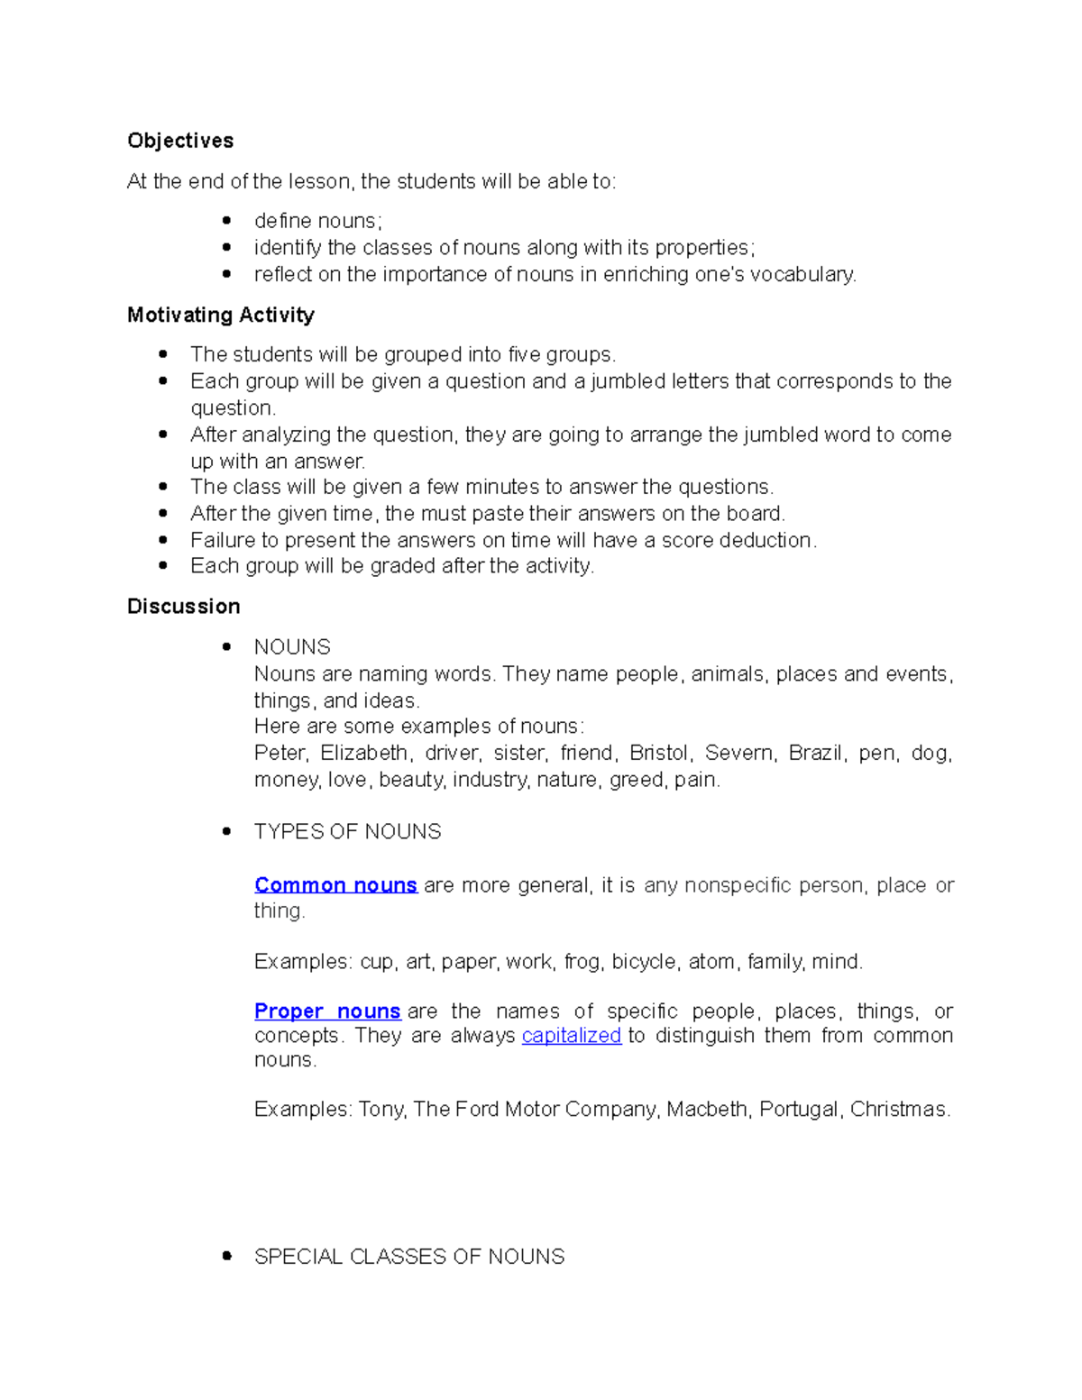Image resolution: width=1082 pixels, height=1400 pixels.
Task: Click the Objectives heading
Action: click(180, 141)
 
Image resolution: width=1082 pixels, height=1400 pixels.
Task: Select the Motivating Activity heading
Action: click(221, 315)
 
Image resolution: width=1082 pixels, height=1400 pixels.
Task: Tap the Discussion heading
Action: click(184, 606)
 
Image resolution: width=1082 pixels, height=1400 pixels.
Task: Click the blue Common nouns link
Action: click(335, 885)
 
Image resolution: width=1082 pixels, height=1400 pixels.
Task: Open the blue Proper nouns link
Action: click(327, 1011)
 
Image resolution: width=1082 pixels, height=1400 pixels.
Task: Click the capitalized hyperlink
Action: click(572, 1035)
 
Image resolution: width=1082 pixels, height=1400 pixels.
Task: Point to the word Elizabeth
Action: click(365, 753)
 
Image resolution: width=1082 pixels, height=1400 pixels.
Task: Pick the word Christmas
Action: click(899, 1109)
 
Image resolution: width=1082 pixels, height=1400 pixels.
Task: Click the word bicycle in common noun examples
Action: click(644, 962)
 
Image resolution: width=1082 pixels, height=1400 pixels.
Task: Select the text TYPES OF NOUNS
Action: click(348, 831)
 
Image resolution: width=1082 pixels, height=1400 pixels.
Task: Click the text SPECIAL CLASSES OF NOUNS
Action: click(409, 1257)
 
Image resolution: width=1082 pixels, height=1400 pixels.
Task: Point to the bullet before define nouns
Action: click(227, 221)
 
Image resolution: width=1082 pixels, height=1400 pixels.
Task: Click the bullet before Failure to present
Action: click(163, 540)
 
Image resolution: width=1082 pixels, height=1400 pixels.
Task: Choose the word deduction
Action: click(771, 540)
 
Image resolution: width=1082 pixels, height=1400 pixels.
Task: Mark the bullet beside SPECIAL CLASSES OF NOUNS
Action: click(227, 1256)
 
